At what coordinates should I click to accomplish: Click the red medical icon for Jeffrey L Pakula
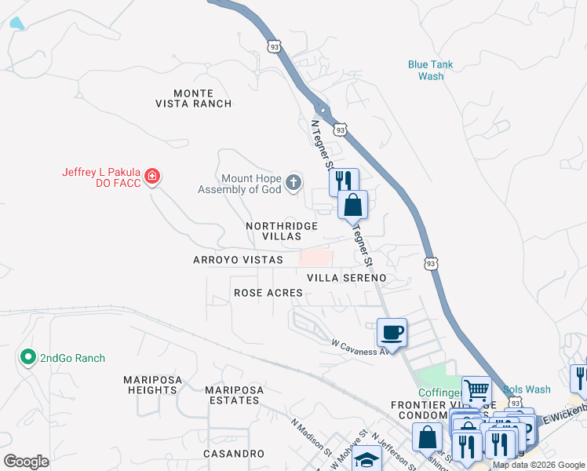pos(151,177)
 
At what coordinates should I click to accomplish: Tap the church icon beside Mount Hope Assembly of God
pos(293,184)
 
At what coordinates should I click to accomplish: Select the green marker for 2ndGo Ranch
pos(28,358)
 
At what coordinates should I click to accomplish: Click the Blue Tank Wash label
pos(431,71)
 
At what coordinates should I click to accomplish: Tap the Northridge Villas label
pos(282,231)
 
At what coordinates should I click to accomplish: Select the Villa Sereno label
pos(346,278)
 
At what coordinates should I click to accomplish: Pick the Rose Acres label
pos(268,293)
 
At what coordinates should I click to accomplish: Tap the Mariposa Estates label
pos(232,395)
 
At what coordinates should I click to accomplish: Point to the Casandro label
pos(233,454)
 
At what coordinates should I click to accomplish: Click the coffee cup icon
pos(392,332)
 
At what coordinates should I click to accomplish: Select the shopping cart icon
pos(476,389)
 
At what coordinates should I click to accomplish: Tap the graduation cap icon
pos(366,459)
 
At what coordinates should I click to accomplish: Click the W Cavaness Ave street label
pos(360,347)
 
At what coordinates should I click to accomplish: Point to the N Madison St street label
pos(310,436)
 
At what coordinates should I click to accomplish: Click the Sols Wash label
pos(527,389)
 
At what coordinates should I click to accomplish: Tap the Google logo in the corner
pos(26,462)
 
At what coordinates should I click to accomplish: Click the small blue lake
pos(16,24)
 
